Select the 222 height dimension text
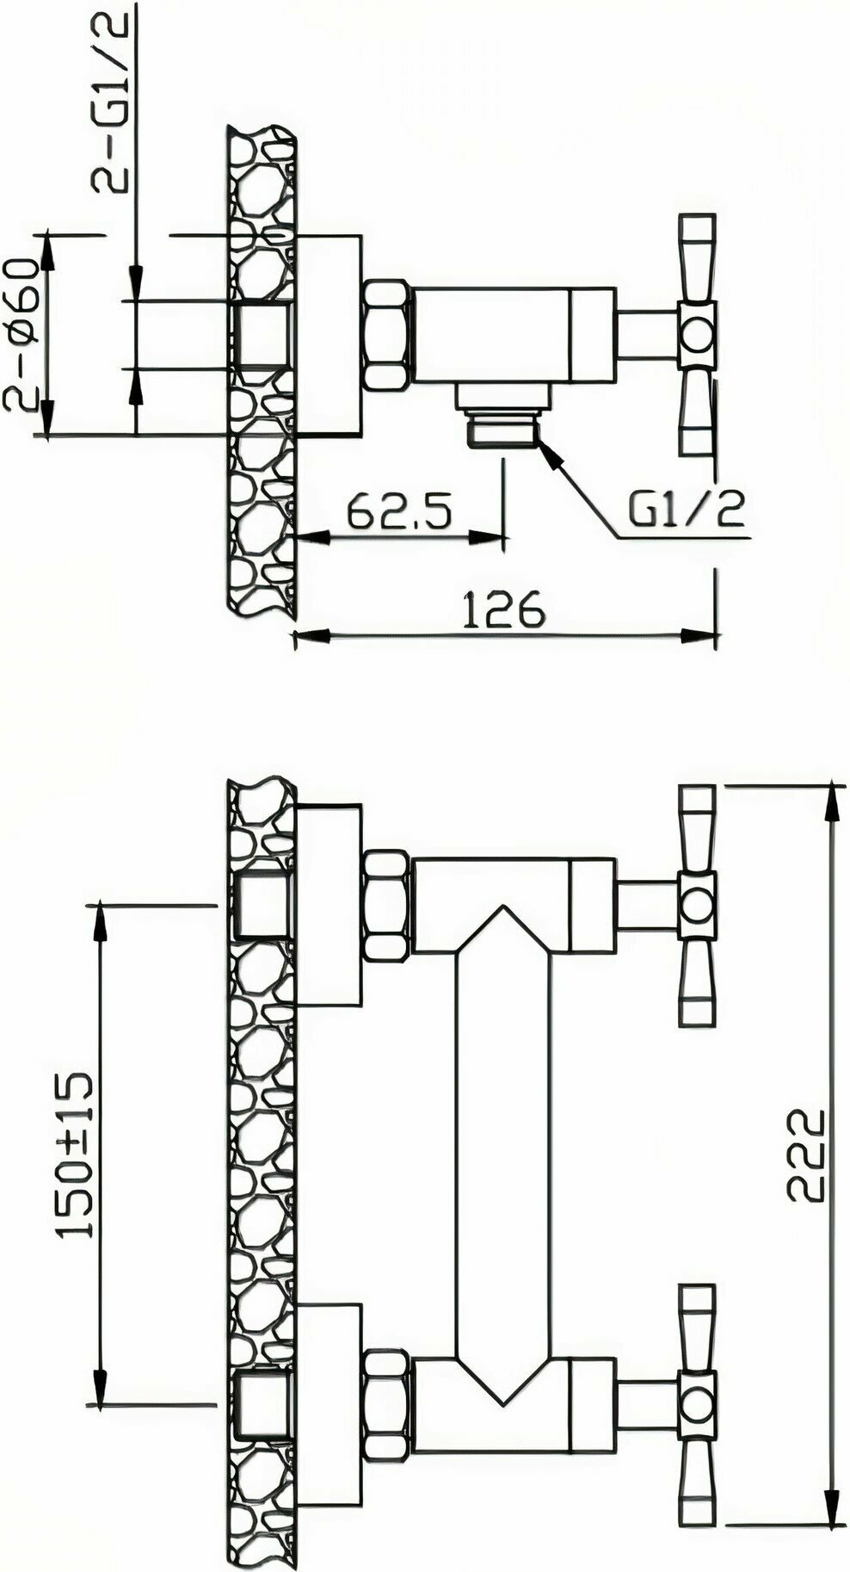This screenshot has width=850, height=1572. [806, 1155]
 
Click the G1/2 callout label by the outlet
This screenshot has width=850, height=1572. [687, 511]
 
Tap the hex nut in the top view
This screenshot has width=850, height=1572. [387, 333]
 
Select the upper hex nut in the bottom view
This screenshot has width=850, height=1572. [387, 905]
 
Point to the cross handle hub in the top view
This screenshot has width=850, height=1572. [696, 335]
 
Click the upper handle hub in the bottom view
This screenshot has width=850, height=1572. [696, 905]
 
